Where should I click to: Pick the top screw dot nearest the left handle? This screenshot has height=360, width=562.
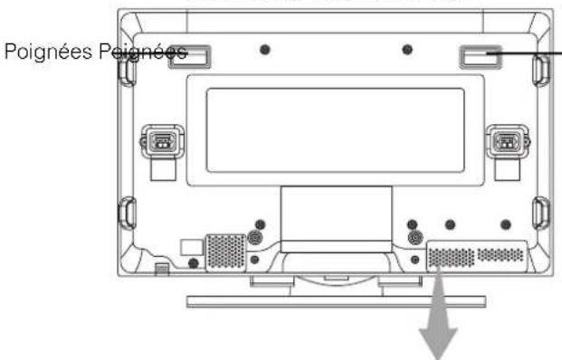[264, 49]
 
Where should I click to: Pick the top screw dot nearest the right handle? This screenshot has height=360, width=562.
[407, 49]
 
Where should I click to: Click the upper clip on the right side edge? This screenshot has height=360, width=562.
[540, 75]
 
